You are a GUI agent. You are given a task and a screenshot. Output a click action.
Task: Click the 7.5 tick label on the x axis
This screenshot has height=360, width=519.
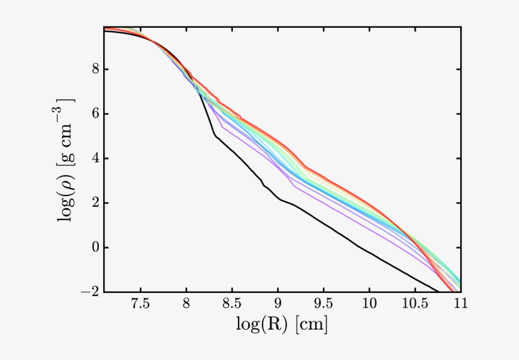point(140,304)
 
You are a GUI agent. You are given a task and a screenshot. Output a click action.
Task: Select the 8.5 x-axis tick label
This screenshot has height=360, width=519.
point(232,304)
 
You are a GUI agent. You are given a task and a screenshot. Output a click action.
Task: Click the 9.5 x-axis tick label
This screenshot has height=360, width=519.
point(323,304)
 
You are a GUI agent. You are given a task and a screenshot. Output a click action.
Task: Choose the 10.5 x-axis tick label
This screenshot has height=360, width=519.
point(415,304)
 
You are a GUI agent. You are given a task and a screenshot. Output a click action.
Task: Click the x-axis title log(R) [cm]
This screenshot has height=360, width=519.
point(282,325)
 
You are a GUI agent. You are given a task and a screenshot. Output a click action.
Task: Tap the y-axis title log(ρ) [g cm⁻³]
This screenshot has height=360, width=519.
point(67,159)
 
